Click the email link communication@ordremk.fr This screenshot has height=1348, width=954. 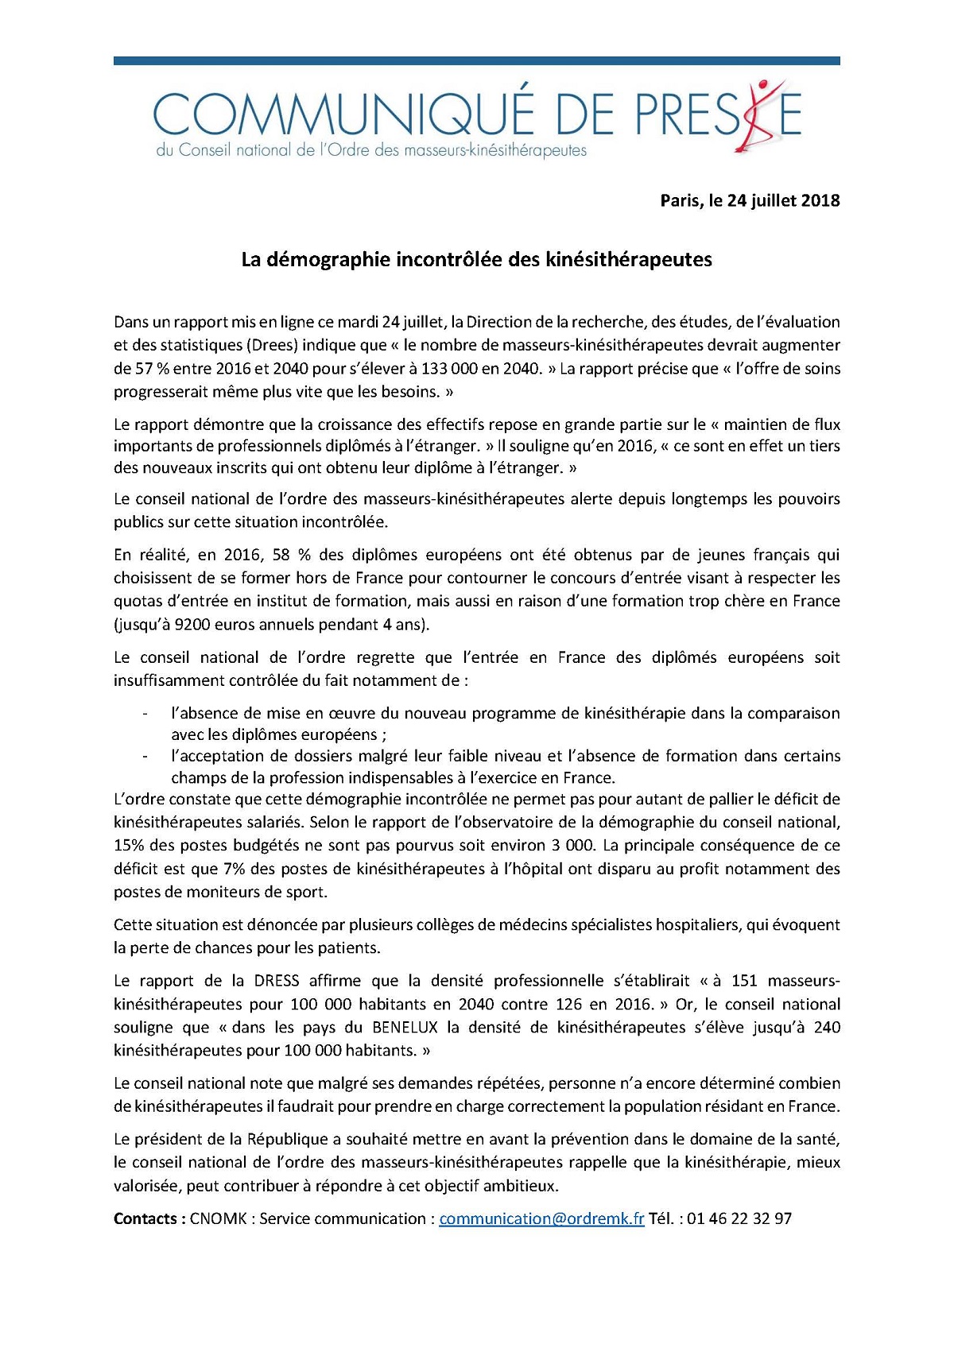[541, 1218]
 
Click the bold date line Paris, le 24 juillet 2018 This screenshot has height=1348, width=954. [750, 200]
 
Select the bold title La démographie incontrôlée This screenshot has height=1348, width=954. [476, 259]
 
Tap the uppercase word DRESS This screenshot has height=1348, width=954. [277, 980]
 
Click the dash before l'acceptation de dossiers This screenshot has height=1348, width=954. [145, 756]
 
